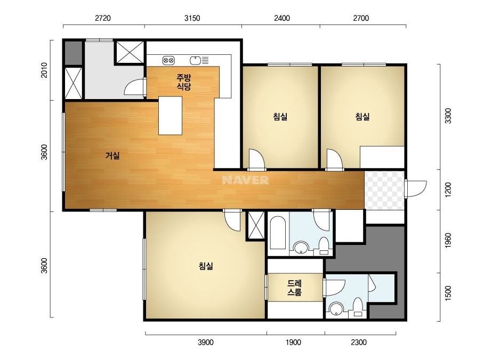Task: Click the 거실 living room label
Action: [x=112, y=155]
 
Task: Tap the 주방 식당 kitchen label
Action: [x=184, y=82]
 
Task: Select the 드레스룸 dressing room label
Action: [x=295, y=288]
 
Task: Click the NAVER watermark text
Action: [x=245, y=180]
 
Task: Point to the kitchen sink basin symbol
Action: [x=195, y=60]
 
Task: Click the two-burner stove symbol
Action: [x=168, y=60]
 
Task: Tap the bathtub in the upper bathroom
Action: [x=278, y=232]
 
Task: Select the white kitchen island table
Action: [x=171, y=116]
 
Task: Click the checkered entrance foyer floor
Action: [x=384, y=190]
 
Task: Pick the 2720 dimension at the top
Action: [x=103, y=18]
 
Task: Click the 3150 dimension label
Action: [x=192, y=18]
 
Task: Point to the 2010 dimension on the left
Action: [x=44, y=70]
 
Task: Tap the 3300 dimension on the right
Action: [x=448, y=116]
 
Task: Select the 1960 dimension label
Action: [x=448, y=240]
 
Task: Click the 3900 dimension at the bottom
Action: [x=206, y=342]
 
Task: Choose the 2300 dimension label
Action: [x=359, y=342]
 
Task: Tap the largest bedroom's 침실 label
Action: [x=206, y=266]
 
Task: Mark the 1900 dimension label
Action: [x=293, y=342]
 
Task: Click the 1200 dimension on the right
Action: [x=448, y=190]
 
